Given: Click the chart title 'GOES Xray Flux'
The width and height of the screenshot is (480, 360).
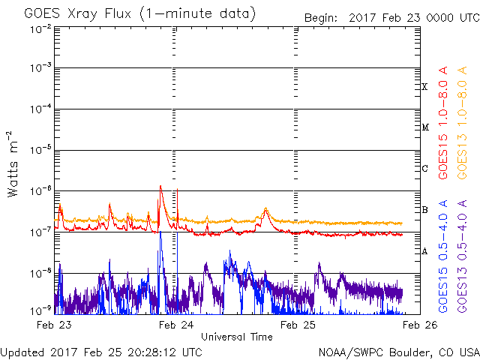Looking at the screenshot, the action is (77, 14).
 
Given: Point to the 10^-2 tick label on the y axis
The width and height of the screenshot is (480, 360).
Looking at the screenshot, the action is (40, 30).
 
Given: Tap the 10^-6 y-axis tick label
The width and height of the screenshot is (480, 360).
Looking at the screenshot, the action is (40, 191).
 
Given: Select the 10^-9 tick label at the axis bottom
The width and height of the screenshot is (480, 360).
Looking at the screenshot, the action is (40, 311).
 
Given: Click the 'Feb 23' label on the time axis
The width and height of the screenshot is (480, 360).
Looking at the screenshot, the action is (54, 325).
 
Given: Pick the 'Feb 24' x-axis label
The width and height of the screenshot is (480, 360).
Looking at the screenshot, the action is (176, 325).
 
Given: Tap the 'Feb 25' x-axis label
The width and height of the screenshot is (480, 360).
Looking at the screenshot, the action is (298, 325).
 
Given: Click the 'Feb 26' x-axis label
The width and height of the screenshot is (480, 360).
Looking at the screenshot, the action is (420, 325).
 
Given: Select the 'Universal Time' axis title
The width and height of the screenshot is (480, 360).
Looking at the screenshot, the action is (237, 337).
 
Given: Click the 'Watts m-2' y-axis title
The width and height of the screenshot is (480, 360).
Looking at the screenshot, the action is (12, 164).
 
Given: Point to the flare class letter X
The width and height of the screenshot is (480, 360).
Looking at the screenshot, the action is (424, 87).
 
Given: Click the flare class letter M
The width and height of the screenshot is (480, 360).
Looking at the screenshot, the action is (425, 127).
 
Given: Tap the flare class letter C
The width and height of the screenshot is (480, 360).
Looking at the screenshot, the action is (424, 168).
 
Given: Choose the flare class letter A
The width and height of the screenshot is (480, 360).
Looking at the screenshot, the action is (424, 251).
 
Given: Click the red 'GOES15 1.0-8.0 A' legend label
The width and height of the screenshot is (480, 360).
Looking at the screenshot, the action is (443, 123).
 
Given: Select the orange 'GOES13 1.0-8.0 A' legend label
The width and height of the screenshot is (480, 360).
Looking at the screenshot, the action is (462, 123).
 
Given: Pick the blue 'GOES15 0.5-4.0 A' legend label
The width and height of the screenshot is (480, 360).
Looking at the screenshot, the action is (443, 256).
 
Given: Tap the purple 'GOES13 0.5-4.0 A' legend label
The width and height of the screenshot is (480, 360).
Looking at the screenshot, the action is (462, 256).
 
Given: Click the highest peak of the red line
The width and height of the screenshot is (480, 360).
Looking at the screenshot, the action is (160, 186).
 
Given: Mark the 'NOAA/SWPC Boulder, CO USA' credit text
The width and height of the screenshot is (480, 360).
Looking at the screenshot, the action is (399, 352).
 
